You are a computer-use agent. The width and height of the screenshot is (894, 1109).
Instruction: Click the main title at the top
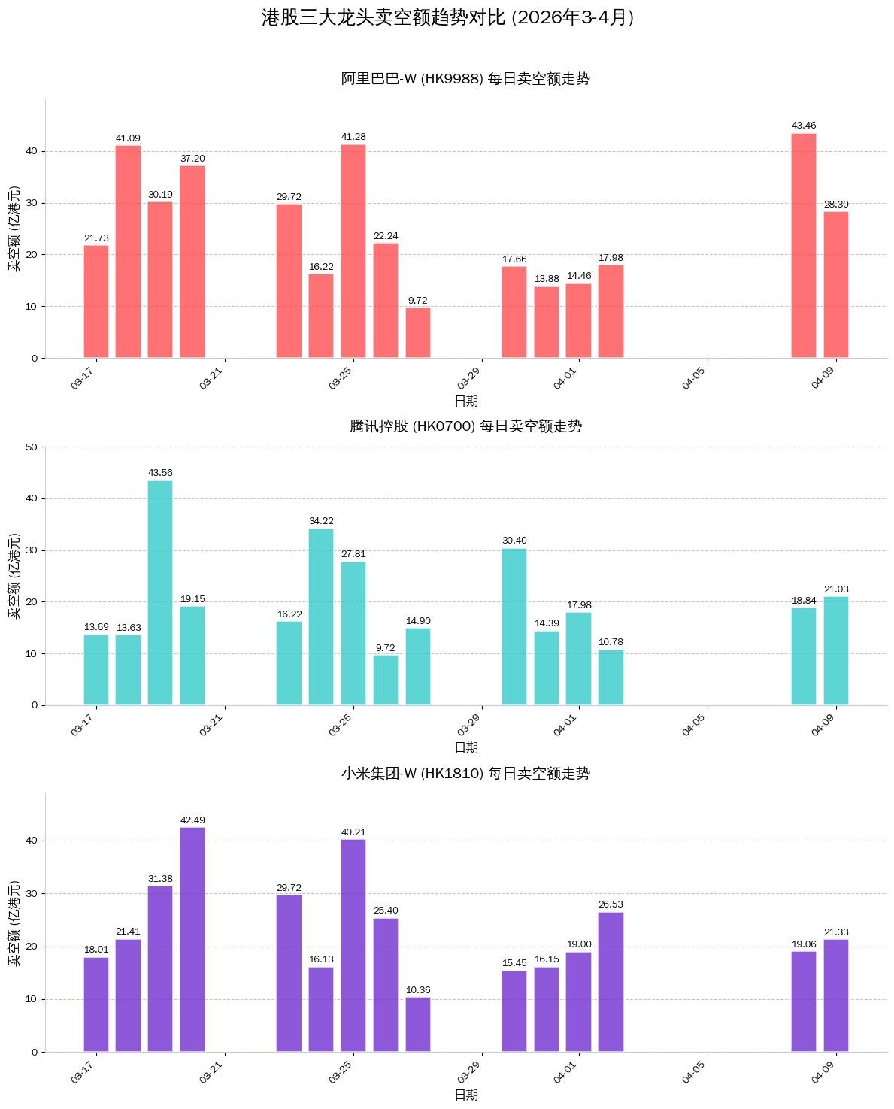pyautogui.click(x=447, y=18)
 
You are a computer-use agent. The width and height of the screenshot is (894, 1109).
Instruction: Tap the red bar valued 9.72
pyautogui.click(x=417, y=333)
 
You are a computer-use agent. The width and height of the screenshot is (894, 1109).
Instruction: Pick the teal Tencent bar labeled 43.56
pyautogui.click(x=159, y=593)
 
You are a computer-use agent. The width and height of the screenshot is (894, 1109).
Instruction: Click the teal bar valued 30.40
pyautogui.click(x=514, y=627)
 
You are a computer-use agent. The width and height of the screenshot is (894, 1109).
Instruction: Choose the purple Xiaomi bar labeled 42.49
pyautogui.click(x=192, y=940)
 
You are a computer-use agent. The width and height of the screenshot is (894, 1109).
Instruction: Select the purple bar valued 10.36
pyautogui.click(x=417, y=1025)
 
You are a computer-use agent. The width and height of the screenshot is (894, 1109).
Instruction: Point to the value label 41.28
pyautogui.click(x=353, y=137)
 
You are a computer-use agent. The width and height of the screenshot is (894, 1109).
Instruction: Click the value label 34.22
pyautogui.click(x=321, y=521)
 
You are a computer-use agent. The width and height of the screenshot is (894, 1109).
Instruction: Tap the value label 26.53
pyautogui.click(x=611, y=904)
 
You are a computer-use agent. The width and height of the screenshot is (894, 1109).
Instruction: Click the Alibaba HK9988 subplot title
pyautogui.click(x=465, y=79)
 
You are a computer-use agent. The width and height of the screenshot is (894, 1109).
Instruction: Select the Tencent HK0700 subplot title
pyautogui.click(x=465, y=426)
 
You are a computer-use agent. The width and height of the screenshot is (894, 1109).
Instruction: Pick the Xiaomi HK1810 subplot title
pyautogui.click(x=465, y=774)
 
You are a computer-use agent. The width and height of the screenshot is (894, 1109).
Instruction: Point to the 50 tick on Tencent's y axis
pyautogui.click(x=32, y=447)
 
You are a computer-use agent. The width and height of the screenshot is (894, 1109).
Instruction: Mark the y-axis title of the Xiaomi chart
pyautogui.click(x=14, y=923)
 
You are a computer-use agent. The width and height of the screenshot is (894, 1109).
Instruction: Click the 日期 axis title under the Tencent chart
pyautogui.click(x=465, y=747)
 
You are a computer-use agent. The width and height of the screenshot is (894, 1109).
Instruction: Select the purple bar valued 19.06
pyautogui.click(x=803, y=1001)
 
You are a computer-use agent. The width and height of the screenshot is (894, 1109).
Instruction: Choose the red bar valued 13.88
pyautogui.click(x=547, y=322)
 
